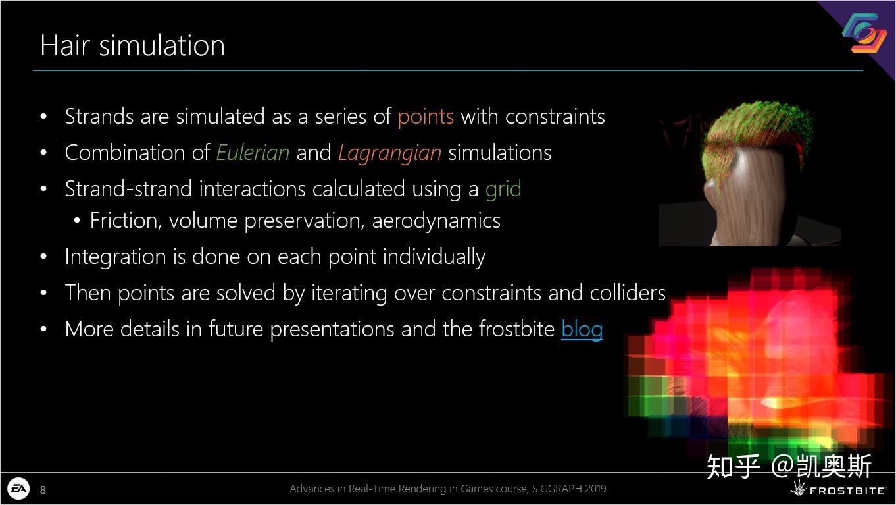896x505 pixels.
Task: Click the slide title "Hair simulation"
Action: click(132, 45)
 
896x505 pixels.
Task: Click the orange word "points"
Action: click(426, 118)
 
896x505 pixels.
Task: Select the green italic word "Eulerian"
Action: click(253, 153)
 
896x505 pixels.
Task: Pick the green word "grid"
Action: click(503, 189)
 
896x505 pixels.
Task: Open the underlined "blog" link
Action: click(582, 330)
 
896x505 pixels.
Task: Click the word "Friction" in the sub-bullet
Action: click(124, 221)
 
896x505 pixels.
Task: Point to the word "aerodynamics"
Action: click(436, 221)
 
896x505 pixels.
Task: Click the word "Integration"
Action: click(115, 257)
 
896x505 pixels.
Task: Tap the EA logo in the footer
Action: click(18, 489)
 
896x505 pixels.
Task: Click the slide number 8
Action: click(43, 490)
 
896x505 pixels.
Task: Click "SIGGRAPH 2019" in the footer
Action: click(569, 489)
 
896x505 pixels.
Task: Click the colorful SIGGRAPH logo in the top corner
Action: click(864, 33)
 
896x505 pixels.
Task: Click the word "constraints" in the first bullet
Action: click(555, 117)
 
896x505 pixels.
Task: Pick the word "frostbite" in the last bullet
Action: click(517, 329)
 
